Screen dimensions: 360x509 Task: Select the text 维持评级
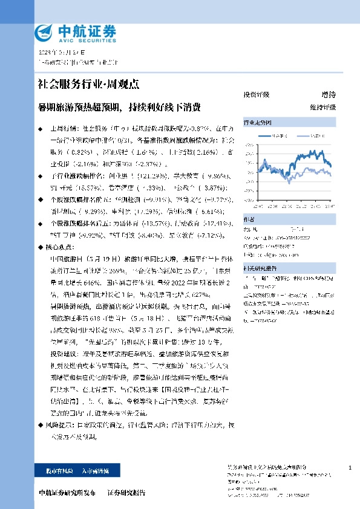[322, 107]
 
